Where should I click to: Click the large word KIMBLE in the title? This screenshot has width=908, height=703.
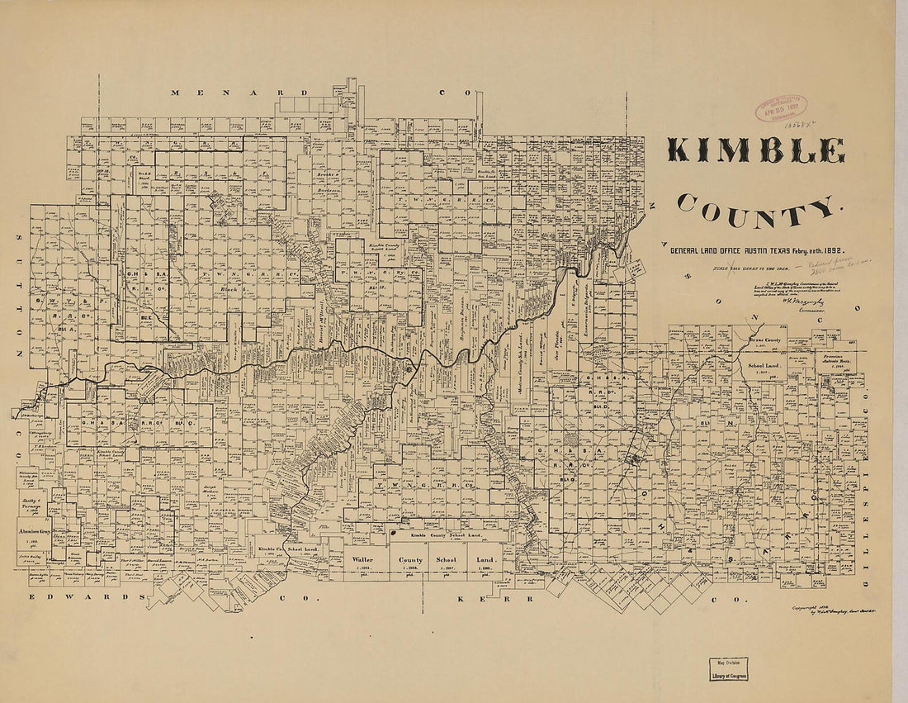pyautogui.click(x=755, y=150)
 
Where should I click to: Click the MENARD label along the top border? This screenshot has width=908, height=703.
pyautogui.click(x=239, y=93)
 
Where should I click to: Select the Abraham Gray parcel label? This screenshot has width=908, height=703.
pyautogui.click(x=34, y=531)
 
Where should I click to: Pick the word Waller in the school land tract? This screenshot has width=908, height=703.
pyautogui.click(x=341, y=559)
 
